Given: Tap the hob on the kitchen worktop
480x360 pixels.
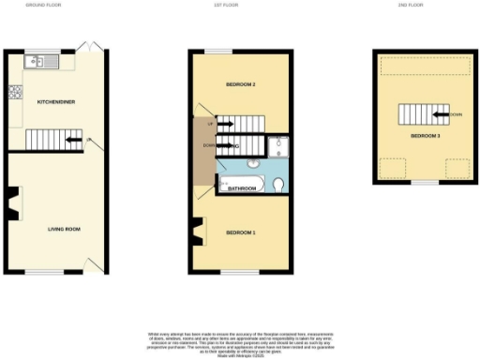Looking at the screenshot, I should (x=14, y=93).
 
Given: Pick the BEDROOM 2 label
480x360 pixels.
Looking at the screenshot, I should (x=241, y=85).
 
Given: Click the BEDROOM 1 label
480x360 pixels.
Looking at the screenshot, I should (x=241, y=232).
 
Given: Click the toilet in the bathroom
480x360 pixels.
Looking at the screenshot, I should (x=279, y=185).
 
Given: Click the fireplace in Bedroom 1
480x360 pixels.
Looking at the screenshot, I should (x=198, y=230).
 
